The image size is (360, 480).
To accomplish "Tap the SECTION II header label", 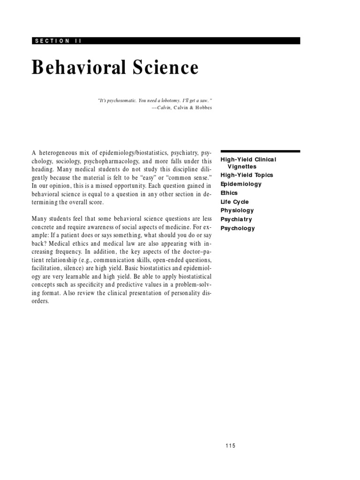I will pos(58,41).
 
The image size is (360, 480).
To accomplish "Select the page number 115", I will pos(230,445).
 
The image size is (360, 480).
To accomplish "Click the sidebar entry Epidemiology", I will pos(241,184).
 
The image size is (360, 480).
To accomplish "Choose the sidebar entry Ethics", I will pos(229,193).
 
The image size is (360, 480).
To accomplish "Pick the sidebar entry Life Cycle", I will pos(234,202).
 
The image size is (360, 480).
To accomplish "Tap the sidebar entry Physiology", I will pos(237,210).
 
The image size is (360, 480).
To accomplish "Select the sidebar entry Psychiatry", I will pos(236,219).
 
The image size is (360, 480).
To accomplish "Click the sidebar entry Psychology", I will pos(238,228).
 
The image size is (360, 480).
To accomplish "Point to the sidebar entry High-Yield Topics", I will pos(247,175).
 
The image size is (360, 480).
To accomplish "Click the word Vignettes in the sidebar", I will pos(242,166).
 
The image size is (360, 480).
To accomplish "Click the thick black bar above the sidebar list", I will pos(260,151).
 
